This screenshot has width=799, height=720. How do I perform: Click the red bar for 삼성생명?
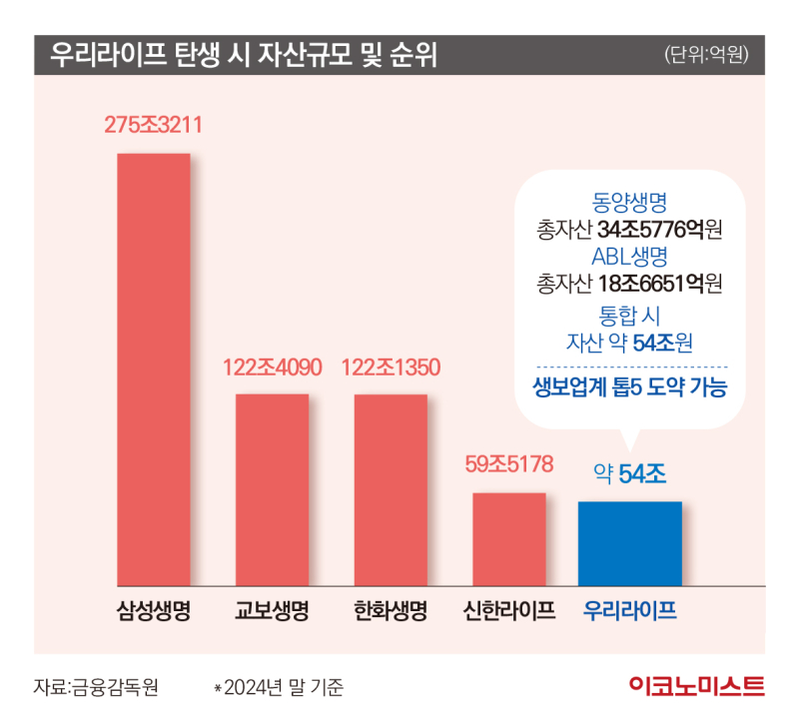pos(154,369)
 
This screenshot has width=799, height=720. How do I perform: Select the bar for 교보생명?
pos(272,489)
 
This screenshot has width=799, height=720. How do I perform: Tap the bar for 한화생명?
pos(391,490)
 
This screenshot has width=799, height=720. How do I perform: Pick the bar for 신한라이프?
pos(509,539)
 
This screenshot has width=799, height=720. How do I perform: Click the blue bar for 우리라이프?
pos(630,543)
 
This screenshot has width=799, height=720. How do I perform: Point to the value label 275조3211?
pos(154,125)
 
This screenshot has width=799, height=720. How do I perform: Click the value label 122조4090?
pos(272,367)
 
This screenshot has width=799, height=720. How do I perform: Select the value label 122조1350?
pos(391,367)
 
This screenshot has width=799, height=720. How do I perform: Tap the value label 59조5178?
pos(509,464)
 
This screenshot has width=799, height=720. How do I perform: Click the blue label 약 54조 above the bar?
pos(630,474)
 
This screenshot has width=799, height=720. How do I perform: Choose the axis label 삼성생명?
pos(154,610)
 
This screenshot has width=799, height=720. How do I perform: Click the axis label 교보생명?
pos(272,610)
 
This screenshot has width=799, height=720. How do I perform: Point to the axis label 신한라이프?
pos(509,610)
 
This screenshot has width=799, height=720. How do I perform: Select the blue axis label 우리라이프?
pos(630,610)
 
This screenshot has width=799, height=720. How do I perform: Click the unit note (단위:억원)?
pos(706,54)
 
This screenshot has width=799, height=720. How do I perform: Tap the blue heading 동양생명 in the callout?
pos(629,203)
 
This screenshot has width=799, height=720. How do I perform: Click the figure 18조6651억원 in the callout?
pos(660,284)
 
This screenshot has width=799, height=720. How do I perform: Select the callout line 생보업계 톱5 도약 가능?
pos(630,386)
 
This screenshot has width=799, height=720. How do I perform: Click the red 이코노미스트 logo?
pos(696,686)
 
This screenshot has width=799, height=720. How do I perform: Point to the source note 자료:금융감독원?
pos(96,687)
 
